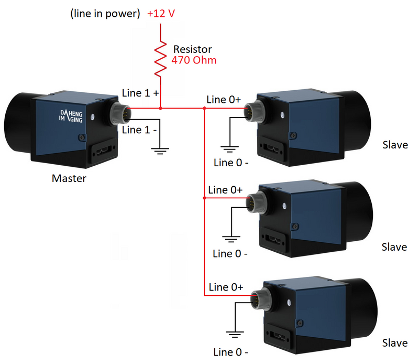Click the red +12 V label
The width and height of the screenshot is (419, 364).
coord(161,14)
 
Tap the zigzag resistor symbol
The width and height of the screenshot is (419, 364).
coord(160,57)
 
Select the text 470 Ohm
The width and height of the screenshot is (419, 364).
coord(194,60)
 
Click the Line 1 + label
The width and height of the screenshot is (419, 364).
coord(140,93)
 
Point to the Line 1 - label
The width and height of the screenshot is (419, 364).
coord(139,130)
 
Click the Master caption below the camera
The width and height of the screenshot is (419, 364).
coord(69,178)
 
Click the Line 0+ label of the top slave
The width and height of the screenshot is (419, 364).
coord(224,99)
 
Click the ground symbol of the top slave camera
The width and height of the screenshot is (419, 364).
coord(230,149)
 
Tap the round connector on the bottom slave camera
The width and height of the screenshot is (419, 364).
coord(258,296)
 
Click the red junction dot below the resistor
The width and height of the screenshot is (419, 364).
coord(160,109)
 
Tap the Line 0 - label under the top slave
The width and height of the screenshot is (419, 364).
coord(231,162)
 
